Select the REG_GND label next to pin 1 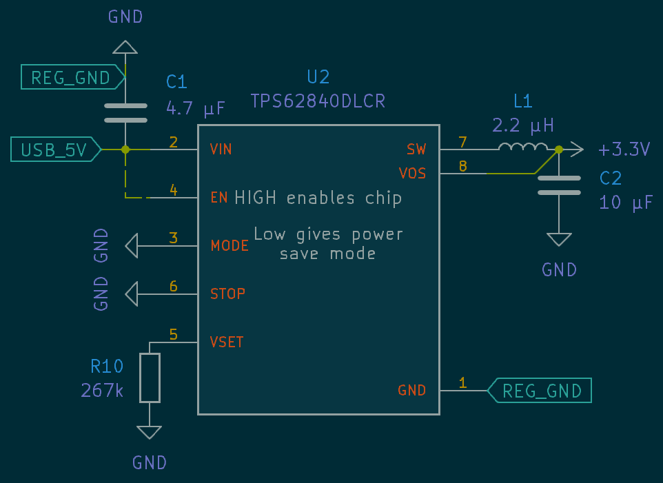click(542, 391)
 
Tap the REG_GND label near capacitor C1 click(71, 78)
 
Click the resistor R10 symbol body click(150, 378)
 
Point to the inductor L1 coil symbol click(523, 147)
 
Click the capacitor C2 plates click(559, 185)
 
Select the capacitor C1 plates click(125, 113)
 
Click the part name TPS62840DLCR click(318, 102)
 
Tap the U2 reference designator click(318, 76)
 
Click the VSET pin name click(227, 342)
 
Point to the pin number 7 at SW click(462, 143)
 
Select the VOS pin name click(412, 174)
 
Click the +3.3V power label click(624, 150)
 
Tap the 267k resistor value click(102, 391)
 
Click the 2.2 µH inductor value click(523, 125)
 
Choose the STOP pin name click(227, 294)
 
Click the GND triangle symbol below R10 click(150, 432)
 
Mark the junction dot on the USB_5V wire click(125, 149)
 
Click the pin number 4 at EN click(174, 191)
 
